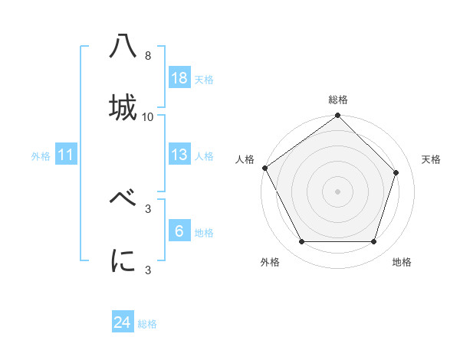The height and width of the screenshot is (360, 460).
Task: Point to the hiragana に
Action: coord(123,260)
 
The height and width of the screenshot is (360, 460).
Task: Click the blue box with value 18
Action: coord(179,77)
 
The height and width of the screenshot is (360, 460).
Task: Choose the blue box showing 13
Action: coord(179,154)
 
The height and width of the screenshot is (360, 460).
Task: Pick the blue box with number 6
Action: coord(179,231)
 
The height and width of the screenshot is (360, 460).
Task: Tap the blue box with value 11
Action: coord(66,155)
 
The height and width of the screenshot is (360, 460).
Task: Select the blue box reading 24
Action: coord(123,322)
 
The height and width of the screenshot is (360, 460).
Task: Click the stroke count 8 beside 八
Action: coord(147,56)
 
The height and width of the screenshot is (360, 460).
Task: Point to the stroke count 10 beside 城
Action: coord(148,117)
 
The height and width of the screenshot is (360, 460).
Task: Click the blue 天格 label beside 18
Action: coord(204,80)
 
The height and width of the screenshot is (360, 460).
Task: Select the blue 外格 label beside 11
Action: coord(41,156)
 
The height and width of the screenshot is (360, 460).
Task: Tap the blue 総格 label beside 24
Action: coord(147,324)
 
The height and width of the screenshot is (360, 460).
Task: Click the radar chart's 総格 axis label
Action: coord(338,100)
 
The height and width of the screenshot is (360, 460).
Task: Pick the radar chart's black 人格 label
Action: coord(245,159)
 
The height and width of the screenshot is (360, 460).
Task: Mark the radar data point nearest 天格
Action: coord(396,173)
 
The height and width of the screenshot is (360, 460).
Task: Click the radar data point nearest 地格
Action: coord(373,242)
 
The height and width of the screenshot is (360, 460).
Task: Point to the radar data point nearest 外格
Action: coord(302,242)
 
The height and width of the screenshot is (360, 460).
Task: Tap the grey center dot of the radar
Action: coord(338,191)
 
